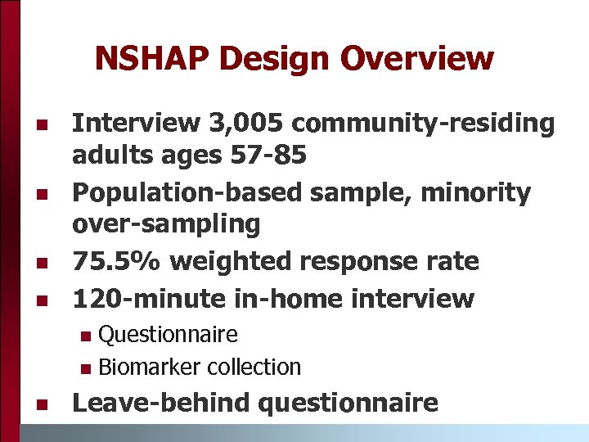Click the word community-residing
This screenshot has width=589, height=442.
coord(424,124)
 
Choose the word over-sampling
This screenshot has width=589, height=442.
coord(167,223)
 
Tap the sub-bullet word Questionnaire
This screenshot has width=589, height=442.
coord(168,334)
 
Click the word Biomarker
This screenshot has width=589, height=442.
coord(150,368)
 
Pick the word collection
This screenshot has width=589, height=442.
coord(254,368)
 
